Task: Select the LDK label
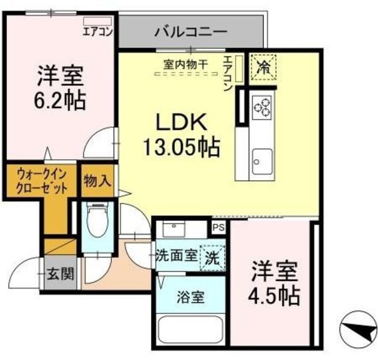180,122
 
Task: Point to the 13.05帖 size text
181,145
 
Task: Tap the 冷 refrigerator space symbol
262,66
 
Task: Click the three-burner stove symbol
262,106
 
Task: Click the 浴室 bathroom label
190,297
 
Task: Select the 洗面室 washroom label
175,256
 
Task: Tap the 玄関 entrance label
60,274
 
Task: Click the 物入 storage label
97,181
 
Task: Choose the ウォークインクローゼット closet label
40,181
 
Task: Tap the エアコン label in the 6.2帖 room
97,31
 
